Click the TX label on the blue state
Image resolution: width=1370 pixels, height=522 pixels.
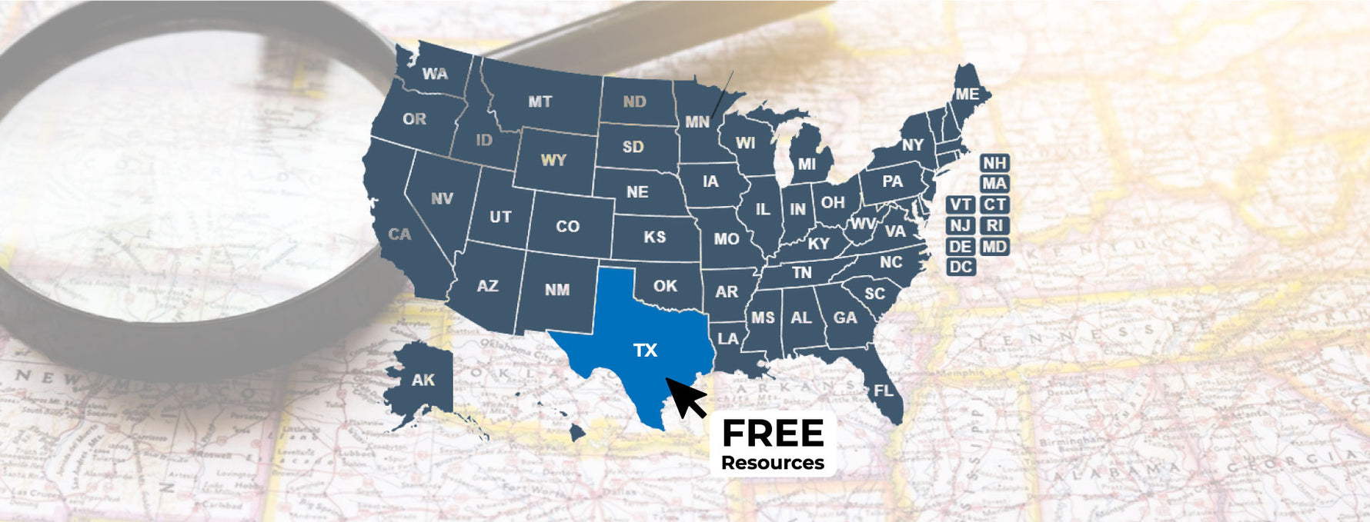click(x=645, y=351)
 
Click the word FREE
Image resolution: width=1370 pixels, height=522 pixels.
click(x=773, y=434)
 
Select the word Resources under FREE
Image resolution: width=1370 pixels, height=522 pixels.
click(x=773, y=463)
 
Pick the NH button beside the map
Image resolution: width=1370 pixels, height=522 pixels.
click(x=994, y=163)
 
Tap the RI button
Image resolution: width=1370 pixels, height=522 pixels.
click(x=994, y=226)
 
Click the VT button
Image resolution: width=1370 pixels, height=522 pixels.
click(x=961, y=204)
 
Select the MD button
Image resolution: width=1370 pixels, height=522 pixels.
click(x=994, y=247)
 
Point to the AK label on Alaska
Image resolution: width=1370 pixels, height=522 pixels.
click(x=423, y=380)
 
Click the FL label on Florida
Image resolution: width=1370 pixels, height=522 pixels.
click(x=884, y=391)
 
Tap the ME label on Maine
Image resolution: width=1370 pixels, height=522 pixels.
click(x=967, y=94)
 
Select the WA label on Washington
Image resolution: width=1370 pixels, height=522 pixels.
click(x=435, y=74)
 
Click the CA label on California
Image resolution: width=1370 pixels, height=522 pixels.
click(x=399, y=234)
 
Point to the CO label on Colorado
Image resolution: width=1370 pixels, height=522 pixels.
click(x=567, y=226)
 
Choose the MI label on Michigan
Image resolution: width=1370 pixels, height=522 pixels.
click(x=807, y=164)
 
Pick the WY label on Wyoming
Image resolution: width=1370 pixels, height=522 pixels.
click(x=553, y=160)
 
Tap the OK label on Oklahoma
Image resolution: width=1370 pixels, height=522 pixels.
click(x=665, y=286)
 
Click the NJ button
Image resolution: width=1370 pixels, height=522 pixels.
click(x=961, y=226)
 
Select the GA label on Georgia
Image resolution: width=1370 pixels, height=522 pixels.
click(x=845, y=318)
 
